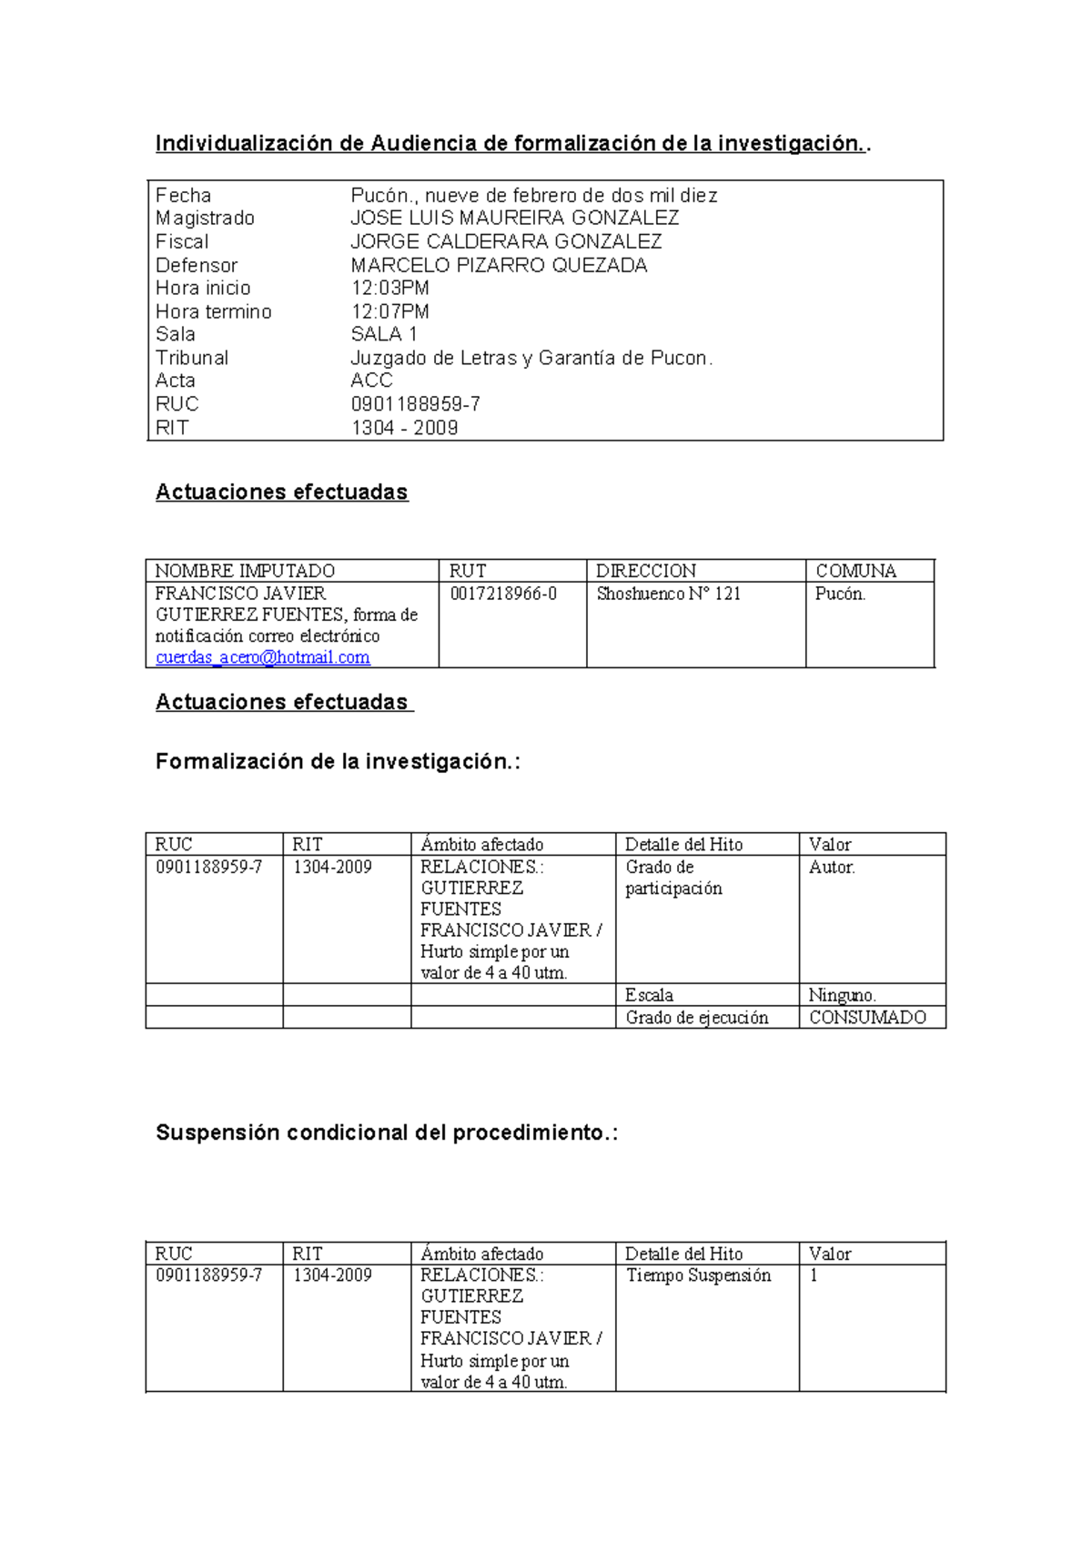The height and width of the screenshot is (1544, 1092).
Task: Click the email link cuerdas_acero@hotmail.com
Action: [x=262, y=657]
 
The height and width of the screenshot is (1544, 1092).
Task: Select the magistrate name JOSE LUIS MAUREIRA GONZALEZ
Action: [x=514, y=218]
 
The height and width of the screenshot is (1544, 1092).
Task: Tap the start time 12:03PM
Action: [x=389, y=288]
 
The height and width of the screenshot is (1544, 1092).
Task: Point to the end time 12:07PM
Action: [x=389, y=311]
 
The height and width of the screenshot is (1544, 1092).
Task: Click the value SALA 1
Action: [x=383, y=334]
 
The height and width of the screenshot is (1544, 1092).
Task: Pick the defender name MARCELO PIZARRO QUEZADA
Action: [x=499, y=265]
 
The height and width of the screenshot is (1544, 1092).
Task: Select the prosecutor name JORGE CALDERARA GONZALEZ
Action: [x=506, y=241]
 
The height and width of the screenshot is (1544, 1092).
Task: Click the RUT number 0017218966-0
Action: [x=503, y=594]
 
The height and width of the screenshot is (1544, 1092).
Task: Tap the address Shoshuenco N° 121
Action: [x=668, y=594]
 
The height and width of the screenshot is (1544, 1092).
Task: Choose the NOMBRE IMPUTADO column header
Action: [x=245, y=571]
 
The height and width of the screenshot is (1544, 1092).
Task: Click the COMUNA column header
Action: [x=855, y=571]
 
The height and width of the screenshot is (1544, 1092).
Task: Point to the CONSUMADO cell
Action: [x=867, y=1017]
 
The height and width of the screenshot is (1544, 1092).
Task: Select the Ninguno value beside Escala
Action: [x=842, y=995]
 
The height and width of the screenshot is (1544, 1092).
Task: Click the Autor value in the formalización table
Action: [x=832, y=867]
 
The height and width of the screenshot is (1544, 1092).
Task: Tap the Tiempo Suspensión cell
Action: [x=698, y=1275]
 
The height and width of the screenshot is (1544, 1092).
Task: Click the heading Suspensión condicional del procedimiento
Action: [x=386, y=1133]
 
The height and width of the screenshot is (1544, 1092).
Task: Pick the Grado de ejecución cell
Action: [x=696, y=1017]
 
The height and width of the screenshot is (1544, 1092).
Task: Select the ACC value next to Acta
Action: [x=371, y=381]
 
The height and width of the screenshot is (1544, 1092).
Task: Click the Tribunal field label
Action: [x=191, y=358]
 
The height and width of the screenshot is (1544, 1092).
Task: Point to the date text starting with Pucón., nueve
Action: [x=533, y=195]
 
